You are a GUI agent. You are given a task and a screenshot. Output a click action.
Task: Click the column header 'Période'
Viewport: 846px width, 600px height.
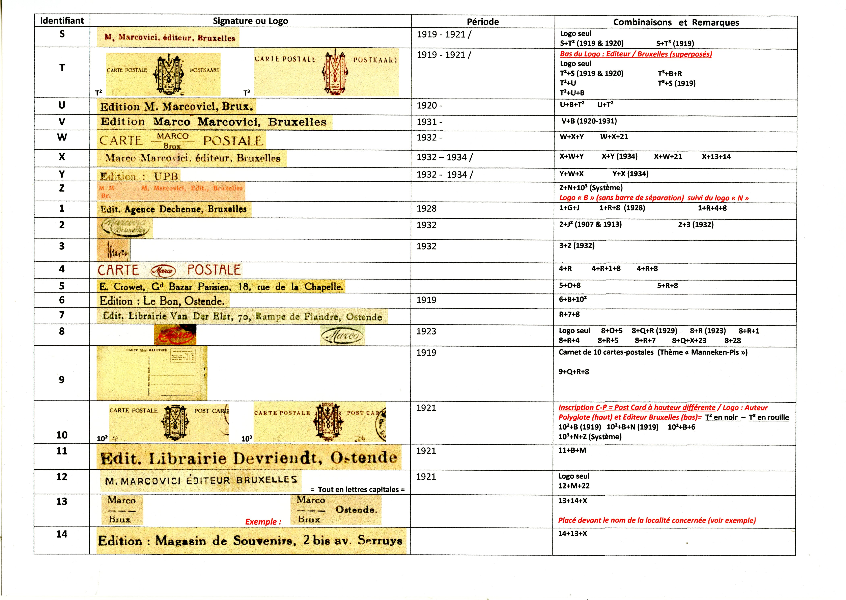pos(483,22)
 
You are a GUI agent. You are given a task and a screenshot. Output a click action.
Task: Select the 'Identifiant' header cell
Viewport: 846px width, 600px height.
pos(62,21)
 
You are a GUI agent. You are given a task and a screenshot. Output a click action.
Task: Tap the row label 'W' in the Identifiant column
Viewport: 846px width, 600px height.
pos(62,137)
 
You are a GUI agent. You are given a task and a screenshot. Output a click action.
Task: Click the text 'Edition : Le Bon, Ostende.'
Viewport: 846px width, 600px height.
pos(162,301)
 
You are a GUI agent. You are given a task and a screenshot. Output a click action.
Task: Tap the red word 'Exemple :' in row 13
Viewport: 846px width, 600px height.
pos(263,522)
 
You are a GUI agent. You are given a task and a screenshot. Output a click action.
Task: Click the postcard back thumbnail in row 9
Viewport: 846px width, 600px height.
pos(152,373)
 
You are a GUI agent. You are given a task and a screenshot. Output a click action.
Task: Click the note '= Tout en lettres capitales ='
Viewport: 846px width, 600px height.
pos(358,490)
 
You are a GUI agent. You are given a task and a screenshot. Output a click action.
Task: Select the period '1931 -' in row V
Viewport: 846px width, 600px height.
pos(429,122)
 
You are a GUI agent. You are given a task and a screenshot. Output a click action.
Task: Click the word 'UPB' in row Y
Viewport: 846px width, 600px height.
pos(166,176)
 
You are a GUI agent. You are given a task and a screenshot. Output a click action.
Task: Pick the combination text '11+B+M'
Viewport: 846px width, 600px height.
pos(572,450)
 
